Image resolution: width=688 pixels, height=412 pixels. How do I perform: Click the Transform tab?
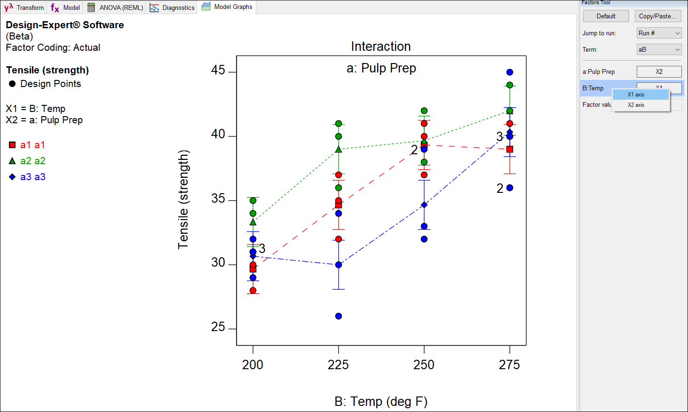tap(24, 8)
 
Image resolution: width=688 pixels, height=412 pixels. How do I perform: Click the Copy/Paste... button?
tap(657, 16)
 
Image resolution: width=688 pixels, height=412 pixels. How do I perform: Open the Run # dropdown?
tap(659, 33)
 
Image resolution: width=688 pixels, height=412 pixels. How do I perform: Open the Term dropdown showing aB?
tap(659, 49)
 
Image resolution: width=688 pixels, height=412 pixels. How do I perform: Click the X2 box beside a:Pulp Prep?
tap(659, 71)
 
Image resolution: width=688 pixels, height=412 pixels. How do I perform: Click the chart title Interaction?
tap(380, 47)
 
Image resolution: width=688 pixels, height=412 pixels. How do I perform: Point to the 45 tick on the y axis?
tap(218, 71)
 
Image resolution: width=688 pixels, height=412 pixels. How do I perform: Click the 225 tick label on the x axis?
tap(338, 364)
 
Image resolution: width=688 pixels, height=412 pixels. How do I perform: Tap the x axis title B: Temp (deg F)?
tap(380, 402)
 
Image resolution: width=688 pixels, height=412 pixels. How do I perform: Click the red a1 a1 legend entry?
tap(27, 145)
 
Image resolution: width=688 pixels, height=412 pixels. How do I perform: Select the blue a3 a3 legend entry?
tap(27, 177)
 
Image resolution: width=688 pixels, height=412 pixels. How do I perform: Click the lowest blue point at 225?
tap(339, 316)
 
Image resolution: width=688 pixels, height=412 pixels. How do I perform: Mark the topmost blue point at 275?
tap(510, 72)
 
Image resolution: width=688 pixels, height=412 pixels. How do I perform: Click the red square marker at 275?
tap(510, 149)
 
